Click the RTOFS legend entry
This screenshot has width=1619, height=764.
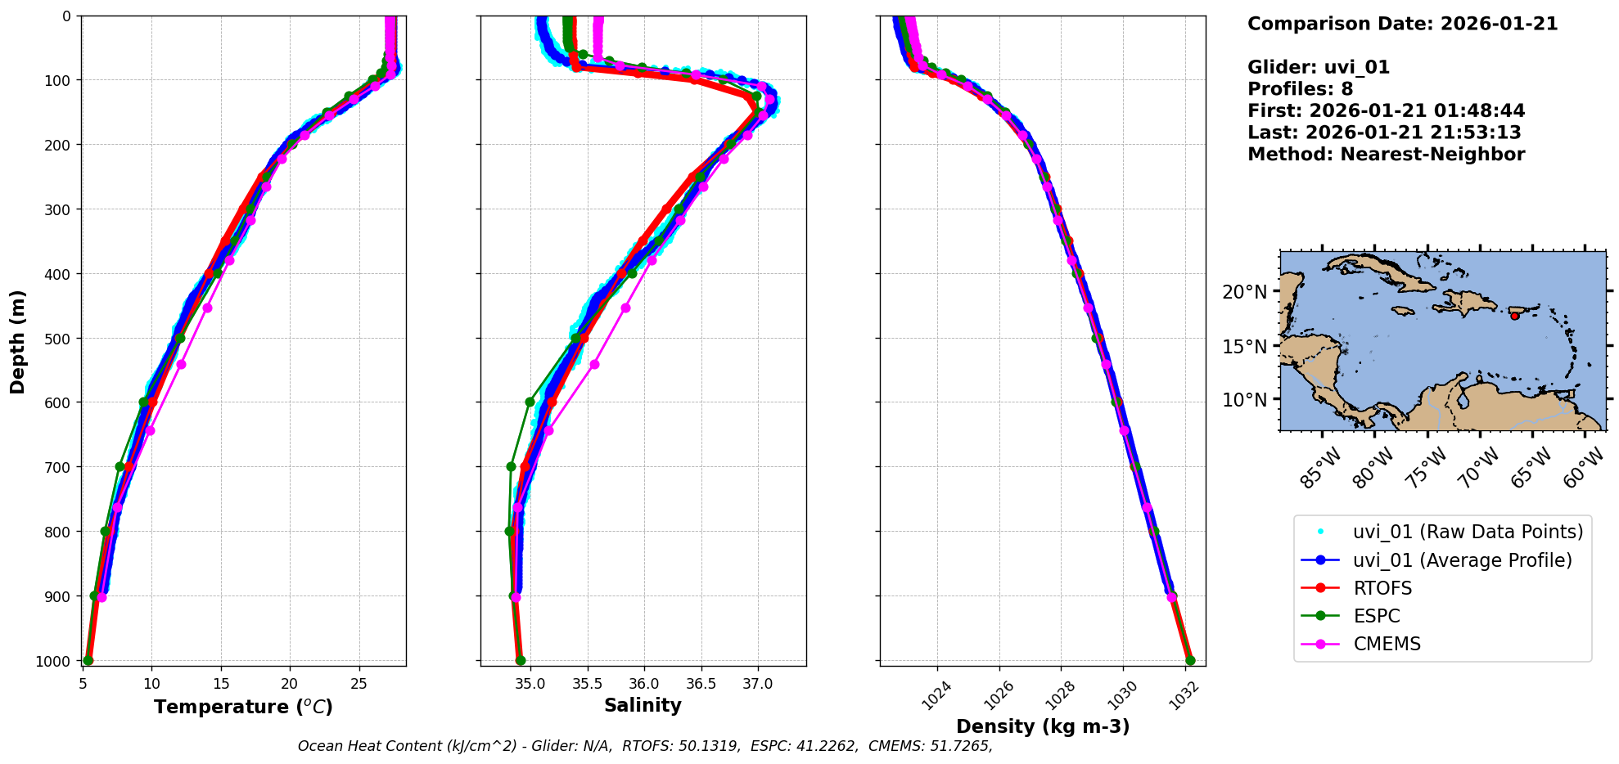[x=1382, y=588]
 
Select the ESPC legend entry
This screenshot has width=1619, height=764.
[x=1377, y=616]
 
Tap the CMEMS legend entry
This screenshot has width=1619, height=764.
[x=1387, y=644]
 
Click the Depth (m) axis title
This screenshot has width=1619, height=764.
[x=17, y=341]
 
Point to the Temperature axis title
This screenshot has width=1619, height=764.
[x=243, y=707]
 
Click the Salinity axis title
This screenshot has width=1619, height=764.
[x=643, y=705]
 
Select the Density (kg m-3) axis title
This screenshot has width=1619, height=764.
[x=1043, y=726]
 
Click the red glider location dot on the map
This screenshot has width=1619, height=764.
[x=1514, y=316]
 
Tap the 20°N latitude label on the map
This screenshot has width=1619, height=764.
[x=1244, y=292]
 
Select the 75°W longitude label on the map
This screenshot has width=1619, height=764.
[x=1427, y=469]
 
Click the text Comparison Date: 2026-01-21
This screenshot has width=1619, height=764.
[x=1402, y=24]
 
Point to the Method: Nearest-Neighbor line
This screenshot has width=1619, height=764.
[x=1386, y=155]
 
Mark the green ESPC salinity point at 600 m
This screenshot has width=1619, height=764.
[x=530, y=402]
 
